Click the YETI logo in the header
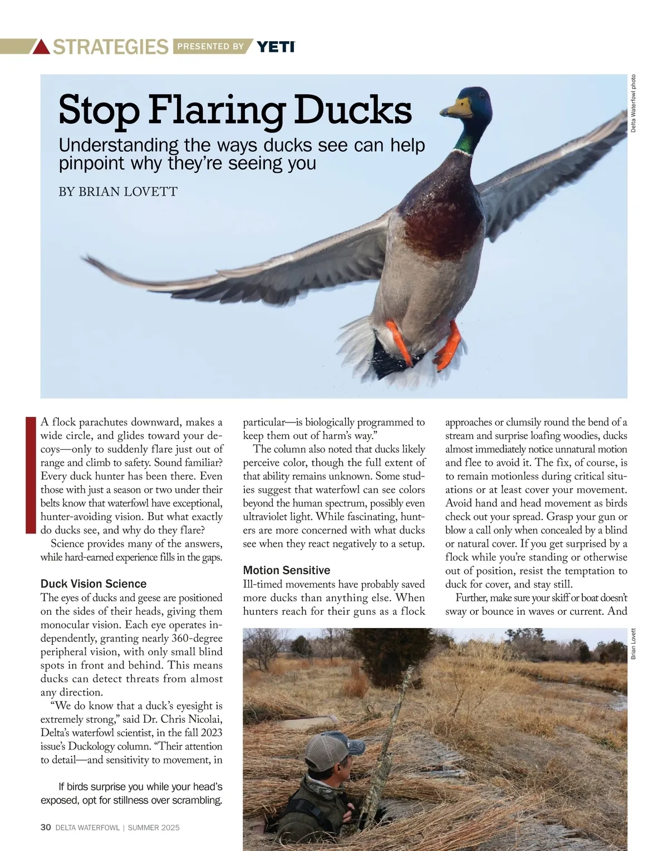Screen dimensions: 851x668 click(276, 47)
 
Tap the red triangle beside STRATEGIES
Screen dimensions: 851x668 click(42, 47)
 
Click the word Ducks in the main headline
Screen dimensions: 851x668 click(353, 110)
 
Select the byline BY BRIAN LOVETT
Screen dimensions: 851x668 click(118, 192)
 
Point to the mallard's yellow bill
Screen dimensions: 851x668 click(456, 107)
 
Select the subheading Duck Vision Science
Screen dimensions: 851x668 click(94, 583)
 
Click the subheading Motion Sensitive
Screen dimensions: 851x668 click(287, 570)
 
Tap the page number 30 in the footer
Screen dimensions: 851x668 click(46, 828)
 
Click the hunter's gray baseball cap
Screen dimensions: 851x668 click(331, 751)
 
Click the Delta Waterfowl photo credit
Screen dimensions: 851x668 click(633, 104)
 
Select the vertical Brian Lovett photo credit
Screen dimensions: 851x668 click(633, 644)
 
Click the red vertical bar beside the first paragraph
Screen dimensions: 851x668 click(31, 475)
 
